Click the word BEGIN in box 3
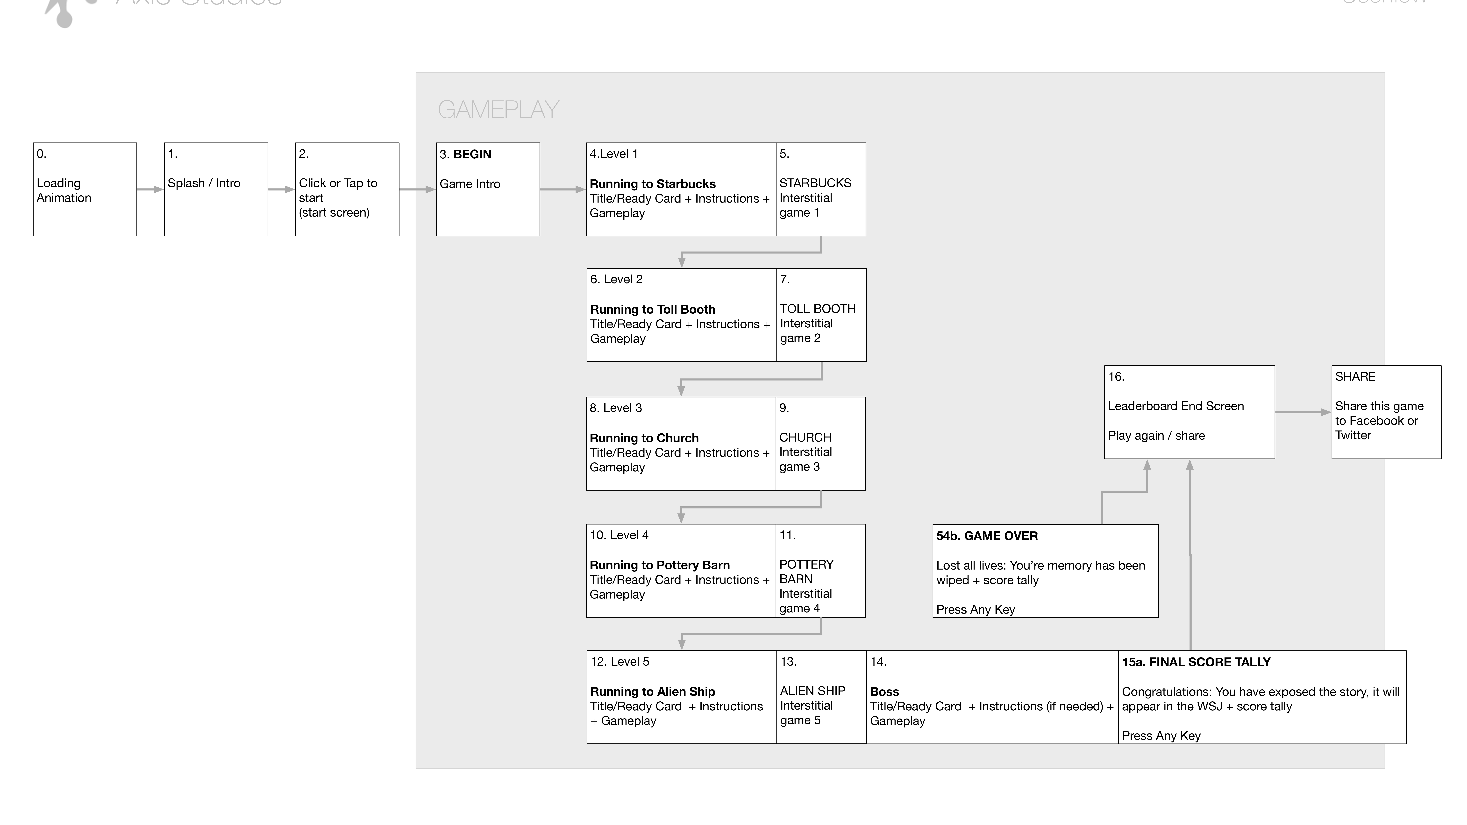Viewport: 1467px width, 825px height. pos(472,154)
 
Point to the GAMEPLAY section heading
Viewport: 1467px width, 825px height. pos(498,109)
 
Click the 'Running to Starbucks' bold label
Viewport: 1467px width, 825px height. pos(653,184)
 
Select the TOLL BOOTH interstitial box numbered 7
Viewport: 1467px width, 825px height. pos(821,315)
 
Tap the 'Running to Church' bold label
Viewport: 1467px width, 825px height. pos(644,438)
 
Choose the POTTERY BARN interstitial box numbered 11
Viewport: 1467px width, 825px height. pos(821,571)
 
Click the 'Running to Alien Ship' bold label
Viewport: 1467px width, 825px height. pos(653,691)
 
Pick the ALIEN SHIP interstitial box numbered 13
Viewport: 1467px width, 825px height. pos(821,697)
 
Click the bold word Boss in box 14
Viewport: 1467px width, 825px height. pos(884,692)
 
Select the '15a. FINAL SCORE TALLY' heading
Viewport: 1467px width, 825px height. pos(1196,662)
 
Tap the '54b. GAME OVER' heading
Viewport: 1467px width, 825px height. pos(987,536)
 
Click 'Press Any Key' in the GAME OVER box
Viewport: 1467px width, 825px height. pos(976,609)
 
